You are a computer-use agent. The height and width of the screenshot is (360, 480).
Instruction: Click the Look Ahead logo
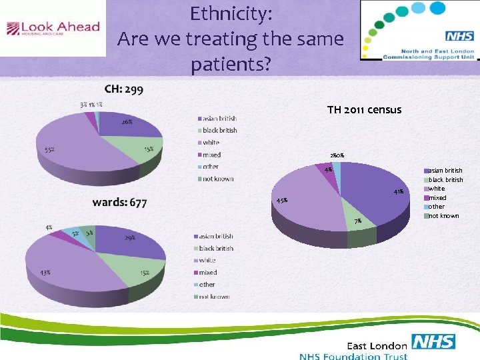(53, 28)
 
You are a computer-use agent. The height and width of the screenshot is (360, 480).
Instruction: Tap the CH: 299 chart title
(123, 90)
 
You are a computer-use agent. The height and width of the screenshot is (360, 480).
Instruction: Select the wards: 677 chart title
(120, 202)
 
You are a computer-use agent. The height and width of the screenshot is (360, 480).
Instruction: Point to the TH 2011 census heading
(364, 109)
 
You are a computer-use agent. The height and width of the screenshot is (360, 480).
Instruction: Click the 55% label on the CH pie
(50, 149)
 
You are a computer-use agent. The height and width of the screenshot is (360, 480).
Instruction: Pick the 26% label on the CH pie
(126, 122)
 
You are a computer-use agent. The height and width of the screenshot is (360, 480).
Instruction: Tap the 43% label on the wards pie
(45, 273)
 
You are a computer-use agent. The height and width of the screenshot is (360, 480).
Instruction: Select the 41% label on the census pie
(398, 192)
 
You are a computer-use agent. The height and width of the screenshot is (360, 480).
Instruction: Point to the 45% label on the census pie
(282, 200)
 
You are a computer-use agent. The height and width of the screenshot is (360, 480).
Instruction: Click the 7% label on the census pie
(358, 221)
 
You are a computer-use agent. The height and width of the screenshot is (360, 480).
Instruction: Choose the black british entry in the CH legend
(219, 130)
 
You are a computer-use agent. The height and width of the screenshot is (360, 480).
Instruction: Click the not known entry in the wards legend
(214, 296)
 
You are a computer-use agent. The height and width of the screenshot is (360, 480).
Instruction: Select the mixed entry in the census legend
(437, 198)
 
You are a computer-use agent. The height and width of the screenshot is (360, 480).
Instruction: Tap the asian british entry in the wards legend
(215, 236)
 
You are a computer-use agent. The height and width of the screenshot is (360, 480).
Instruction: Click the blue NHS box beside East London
(433, 343)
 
